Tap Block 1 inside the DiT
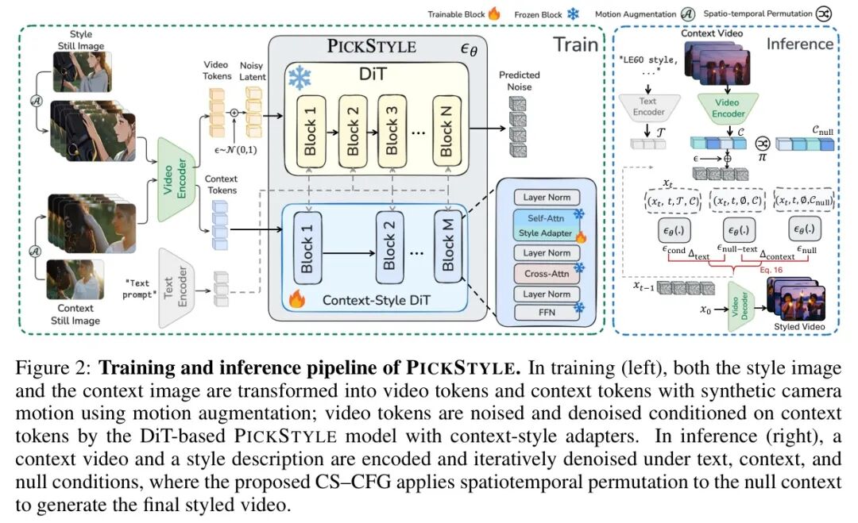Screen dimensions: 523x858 click(x=311, y=132)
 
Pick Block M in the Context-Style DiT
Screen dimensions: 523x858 click(x=447, y=245)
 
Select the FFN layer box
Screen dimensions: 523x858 click(x=547, y=313)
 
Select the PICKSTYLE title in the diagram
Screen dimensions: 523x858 click(x=372, y=45)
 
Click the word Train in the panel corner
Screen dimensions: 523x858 click(x=576, y=44)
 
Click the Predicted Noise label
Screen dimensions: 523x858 click(x=519, y=81)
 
